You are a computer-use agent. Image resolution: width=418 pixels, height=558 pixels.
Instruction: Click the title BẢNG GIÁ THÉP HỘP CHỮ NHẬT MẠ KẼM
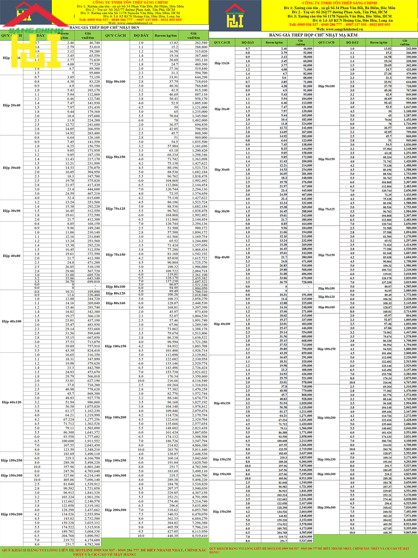click(x=313, y=35)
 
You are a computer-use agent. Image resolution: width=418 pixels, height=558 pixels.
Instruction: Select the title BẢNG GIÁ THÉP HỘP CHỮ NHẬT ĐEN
click(x=104, y=28)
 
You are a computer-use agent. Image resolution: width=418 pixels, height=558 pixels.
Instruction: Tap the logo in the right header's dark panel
click(x=235, y=16)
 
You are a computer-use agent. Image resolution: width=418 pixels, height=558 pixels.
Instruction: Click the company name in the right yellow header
click(x=339, y=3)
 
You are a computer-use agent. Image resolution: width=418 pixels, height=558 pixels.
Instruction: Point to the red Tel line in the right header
click(x=339, y=25)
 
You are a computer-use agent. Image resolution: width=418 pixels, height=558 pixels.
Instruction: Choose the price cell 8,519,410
click(x=200, y=536)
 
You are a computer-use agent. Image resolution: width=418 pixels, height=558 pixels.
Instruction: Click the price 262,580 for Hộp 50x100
click(x=201, y=43)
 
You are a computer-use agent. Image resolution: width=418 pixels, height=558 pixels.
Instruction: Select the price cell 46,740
click(x=94, y=43)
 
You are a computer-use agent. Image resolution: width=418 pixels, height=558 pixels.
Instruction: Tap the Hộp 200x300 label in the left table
click(x=115, y=510)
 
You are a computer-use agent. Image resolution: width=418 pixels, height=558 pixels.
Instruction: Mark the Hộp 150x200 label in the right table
click(x=222, y=512)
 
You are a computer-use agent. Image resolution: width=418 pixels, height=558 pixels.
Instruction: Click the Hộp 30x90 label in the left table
click(x=11, y=211)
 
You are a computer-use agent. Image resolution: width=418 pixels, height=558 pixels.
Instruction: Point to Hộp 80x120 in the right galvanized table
click(x=326, y=297)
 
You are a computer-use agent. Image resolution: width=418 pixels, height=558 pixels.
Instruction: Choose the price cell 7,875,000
click(x=306, y=466)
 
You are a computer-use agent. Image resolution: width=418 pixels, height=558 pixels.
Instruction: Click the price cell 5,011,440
click(x=200, y=449)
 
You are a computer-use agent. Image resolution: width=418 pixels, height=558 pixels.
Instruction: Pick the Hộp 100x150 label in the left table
click(x=115, y=346)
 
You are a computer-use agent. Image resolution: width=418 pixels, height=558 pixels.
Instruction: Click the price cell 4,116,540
click(x=200, y=381)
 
